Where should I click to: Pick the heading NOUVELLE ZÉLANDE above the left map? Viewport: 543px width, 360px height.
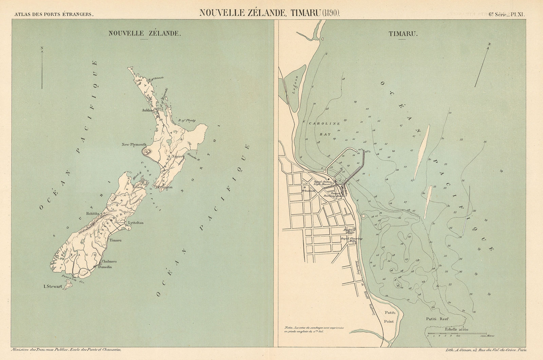point(144,34)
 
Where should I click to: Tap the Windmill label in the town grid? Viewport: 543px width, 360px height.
point(308,191)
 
